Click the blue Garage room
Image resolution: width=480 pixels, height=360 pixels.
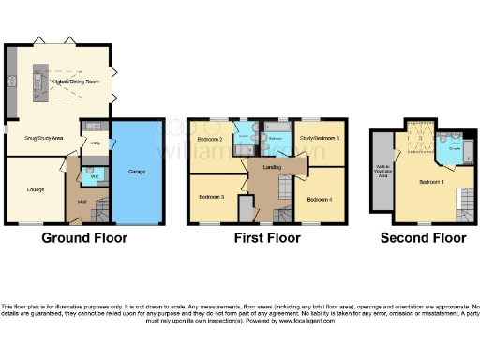[137, 173]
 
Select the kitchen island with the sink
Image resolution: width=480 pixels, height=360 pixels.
[41, 82]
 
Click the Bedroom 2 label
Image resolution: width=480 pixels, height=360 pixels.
[209, 141]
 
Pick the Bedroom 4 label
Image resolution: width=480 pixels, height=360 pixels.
[320, 199]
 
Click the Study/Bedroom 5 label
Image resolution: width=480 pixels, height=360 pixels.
[320, 139]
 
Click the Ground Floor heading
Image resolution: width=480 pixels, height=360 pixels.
[84, 238]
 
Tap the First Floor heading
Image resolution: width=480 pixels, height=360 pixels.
[267, 238]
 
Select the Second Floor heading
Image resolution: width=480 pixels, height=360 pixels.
[423, 238]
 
